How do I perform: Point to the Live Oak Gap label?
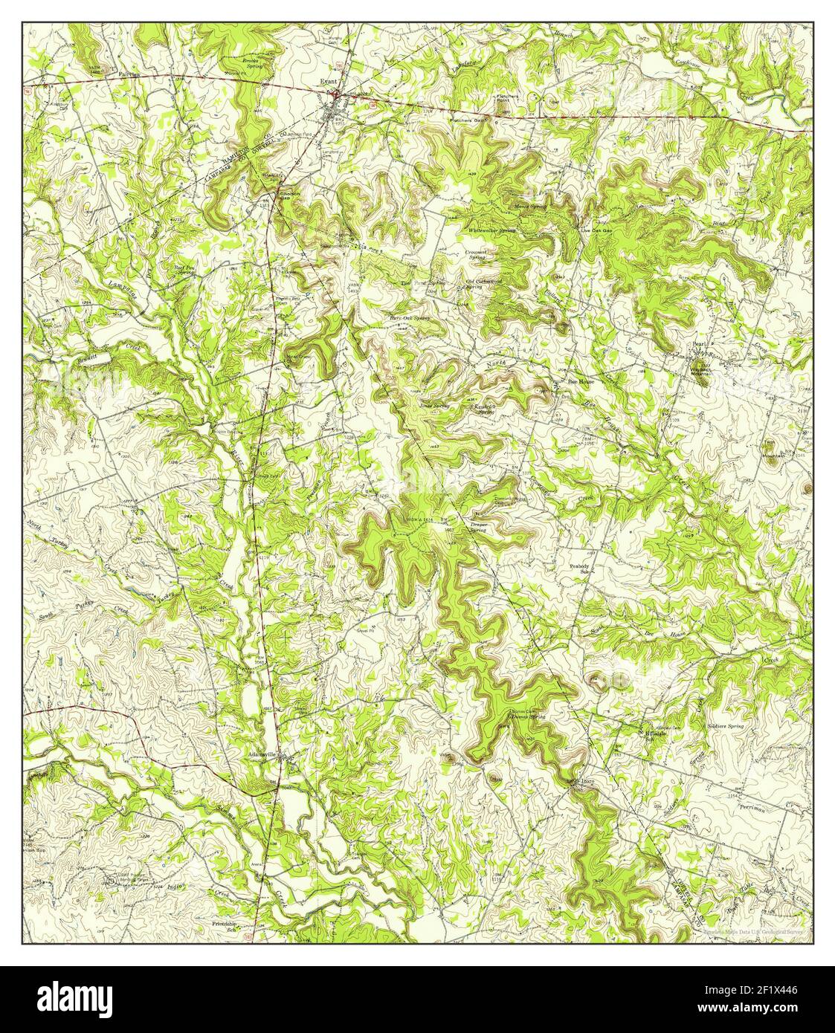[596, 230]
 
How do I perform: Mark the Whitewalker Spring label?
[491, 230]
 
